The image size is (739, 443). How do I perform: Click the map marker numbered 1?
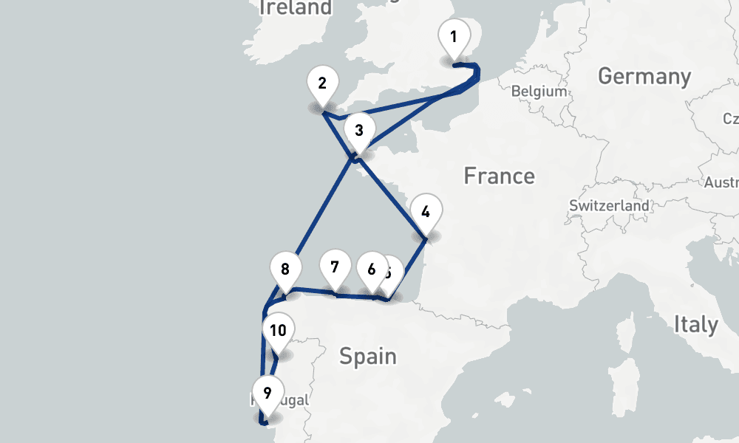coord(454,37)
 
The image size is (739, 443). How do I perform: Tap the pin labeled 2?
coord(322,83)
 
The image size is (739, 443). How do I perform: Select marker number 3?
coord(359,131)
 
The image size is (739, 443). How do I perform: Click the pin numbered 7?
coord(335,267)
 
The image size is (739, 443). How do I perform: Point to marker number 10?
coord(278,332)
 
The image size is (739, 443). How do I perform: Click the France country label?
coord(499,176)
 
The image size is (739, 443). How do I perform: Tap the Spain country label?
coord(368,357)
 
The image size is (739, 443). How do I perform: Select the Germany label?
coord(644,76)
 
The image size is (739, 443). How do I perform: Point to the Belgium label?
coord(539,92)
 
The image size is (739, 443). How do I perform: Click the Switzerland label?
coord(610,206)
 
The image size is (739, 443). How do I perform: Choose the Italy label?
coord(695,324)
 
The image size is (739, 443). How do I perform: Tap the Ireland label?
coord(296,8)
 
